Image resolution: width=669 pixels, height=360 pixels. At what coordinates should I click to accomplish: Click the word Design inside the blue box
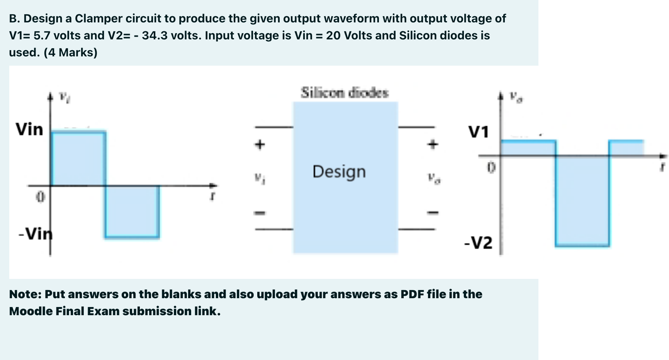click(x=339, y=172)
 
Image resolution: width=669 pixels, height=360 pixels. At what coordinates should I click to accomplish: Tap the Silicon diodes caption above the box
click(x=345, y=93)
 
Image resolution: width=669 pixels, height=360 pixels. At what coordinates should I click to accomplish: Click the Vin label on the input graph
click(x=29, y=129)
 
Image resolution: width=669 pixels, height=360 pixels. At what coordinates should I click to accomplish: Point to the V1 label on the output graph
click(x=479, y=132)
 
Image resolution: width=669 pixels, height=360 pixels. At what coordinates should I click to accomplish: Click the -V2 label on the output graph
click(x=478, y=243)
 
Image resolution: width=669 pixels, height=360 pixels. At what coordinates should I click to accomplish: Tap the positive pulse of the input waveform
click(x=78, y=159)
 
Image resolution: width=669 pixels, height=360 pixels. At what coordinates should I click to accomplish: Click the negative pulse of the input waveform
click(x=132, y=211)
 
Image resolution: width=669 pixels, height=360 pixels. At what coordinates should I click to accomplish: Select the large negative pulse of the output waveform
click(x=582, y=200)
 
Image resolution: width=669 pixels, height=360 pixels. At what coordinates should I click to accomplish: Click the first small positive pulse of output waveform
click(x=528, y=148)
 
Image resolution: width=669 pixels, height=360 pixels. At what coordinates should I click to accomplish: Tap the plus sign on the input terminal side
click(x=260, y=145)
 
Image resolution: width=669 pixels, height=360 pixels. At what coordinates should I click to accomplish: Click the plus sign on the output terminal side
click(x=433, y=145)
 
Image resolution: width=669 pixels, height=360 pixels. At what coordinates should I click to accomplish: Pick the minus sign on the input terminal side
click(x=260, y=213)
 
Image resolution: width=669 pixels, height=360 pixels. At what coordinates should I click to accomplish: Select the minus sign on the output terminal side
click(x=433, y=213)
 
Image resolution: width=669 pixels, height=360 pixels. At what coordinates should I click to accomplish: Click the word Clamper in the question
click(x=98, y=19)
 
